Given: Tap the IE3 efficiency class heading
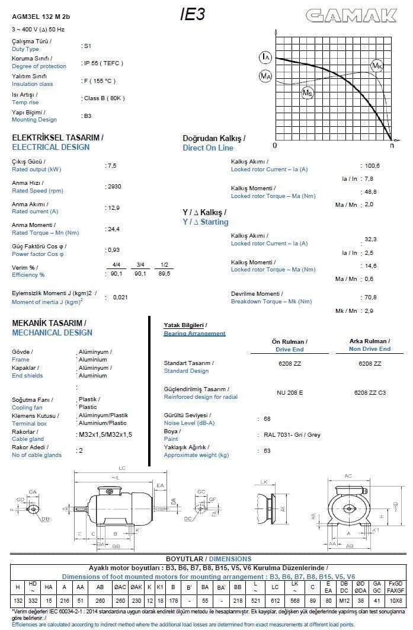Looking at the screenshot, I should [193, 15].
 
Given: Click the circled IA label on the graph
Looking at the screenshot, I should [265, 57].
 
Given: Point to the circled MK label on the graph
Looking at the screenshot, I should [377, 65].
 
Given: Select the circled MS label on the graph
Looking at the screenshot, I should [308, 92].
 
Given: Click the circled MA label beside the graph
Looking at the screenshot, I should [265, 76].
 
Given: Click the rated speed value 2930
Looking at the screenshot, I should [114, 186].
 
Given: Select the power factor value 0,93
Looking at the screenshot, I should [113, 250].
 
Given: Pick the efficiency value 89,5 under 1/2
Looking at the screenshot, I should [164, 273].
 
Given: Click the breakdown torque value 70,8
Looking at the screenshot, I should [371, 297].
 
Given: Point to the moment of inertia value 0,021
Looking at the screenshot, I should [120, 297].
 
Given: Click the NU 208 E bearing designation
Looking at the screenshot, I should [290, 392].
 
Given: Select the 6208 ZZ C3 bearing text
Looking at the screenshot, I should [370, 392].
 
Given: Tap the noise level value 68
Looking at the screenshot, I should [267, 419].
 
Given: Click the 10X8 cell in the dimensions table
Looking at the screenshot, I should [396, 601].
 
